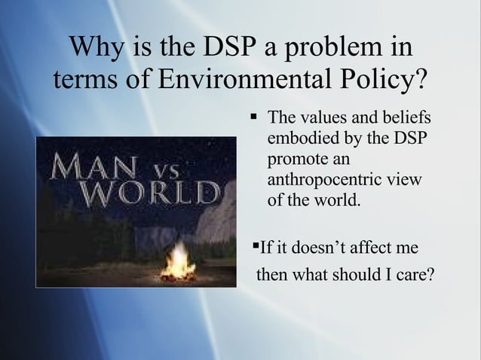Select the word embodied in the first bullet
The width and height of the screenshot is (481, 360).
point(301,139)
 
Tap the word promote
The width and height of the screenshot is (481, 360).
point(295,160)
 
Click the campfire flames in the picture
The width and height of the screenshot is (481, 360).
point(179,260)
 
